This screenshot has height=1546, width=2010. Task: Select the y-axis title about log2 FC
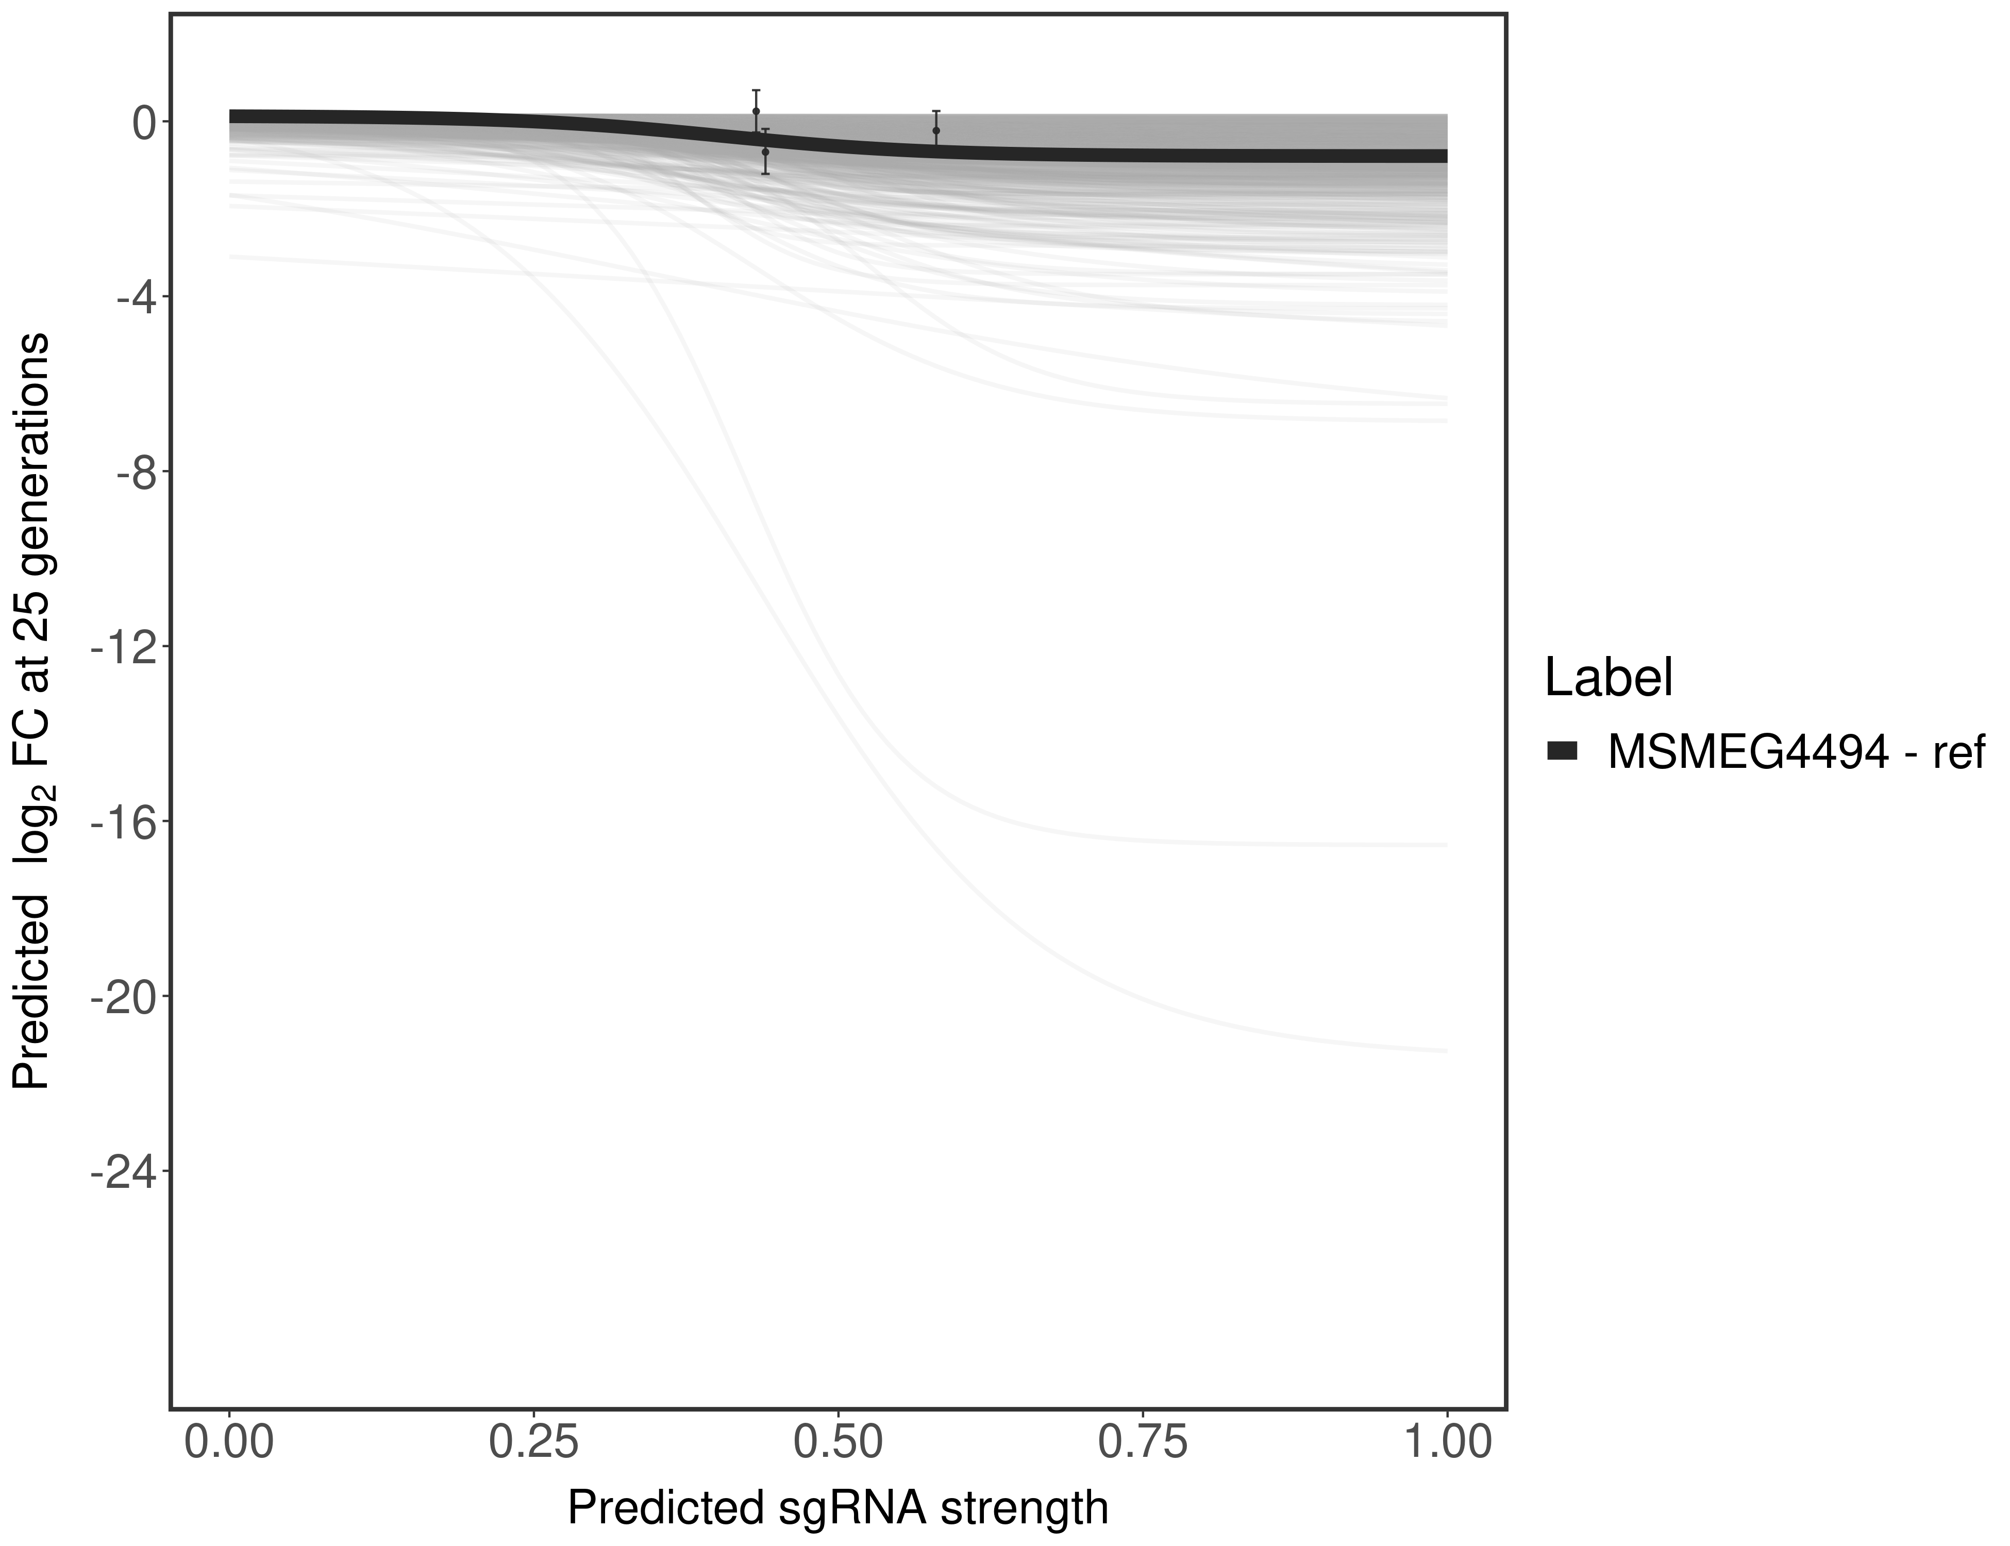(32, 711)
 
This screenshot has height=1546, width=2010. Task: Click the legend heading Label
(1608, 678)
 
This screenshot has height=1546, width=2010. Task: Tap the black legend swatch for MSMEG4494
(1562, 752)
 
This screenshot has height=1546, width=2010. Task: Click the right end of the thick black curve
(1443, 156)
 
